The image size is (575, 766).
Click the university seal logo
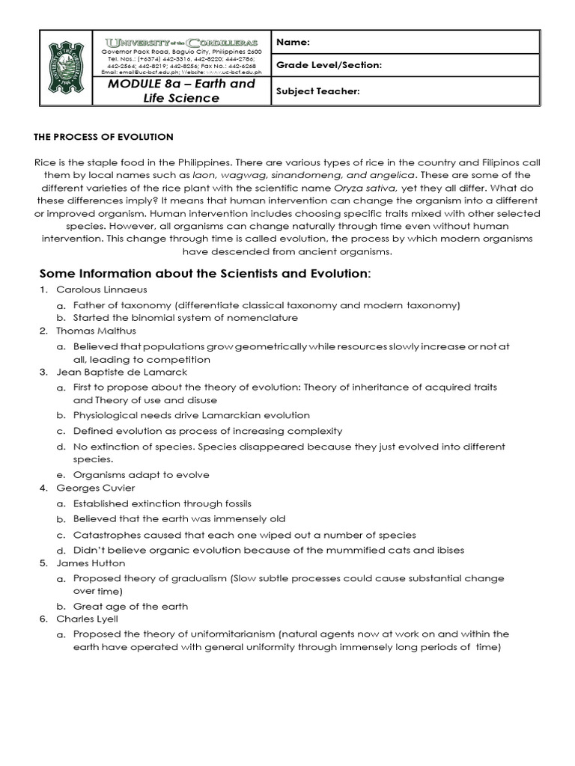click(x=66, y=68)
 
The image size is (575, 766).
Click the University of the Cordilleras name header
click(x=181, y=42)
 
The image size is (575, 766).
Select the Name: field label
click(x=293, y=43)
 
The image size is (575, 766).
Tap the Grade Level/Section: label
click(x=329, y=66)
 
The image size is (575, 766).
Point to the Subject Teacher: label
click(x=318, y=91)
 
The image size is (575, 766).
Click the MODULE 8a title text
click(x=181, y=91)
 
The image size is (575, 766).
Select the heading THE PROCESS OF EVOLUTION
click(x=104, y=137)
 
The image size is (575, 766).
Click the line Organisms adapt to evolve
click(x=141, y=475)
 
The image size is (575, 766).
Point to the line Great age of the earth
click(x=130, y=606)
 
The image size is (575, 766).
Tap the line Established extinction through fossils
click(x=162, y=503)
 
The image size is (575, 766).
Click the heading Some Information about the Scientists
click(x=203, y=273)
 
